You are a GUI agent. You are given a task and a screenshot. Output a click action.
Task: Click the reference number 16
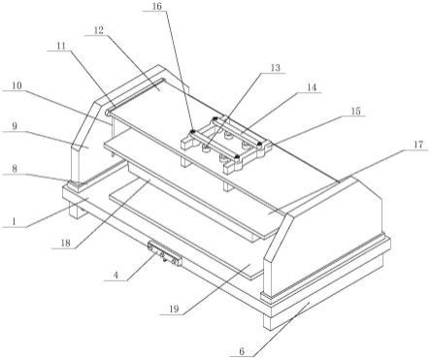click(157, 7)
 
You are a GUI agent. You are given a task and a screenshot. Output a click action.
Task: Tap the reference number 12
click(99, 31)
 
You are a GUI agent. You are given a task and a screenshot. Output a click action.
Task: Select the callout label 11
click(61, 46)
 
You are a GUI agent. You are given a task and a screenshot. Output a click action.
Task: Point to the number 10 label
click(17, 86)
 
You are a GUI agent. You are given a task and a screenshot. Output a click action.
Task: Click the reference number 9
click(15, 126)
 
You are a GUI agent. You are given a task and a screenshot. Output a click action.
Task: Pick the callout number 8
click(15, 169)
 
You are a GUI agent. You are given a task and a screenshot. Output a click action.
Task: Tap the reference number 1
click(14, 222)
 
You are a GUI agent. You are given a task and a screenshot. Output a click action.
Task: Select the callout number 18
click(65, 244)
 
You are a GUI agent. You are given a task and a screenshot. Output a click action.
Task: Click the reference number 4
click(116, 276)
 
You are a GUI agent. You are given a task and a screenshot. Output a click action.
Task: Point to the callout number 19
click(174, 310)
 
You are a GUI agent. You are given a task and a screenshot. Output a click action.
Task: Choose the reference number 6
click(243, 351)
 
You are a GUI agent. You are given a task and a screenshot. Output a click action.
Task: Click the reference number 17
click(418, 145)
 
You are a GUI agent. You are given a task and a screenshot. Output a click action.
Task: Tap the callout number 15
click(355, 112)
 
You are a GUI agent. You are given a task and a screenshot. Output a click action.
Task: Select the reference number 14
click(312, 87)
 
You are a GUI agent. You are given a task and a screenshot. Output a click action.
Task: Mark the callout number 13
click(276, 68)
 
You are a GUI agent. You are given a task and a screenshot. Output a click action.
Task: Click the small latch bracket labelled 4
click(165, 252)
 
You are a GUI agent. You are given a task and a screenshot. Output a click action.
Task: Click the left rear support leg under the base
click(74, 211)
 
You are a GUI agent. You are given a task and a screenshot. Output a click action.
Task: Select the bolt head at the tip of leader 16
click(193, 131)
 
